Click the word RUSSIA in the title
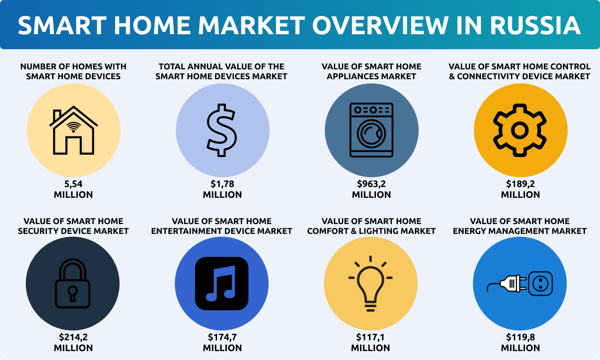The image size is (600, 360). point(535,25)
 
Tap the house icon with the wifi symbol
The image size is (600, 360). point(74,130)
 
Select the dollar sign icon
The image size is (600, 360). point(222,130)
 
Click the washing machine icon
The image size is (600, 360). point(371,130)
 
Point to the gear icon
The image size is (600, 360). point(520,130)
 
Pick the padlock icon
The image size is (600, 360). point(73,284)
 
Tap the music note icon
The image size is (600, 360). point(222,284)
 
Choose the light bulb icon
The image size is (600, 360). point(370,284)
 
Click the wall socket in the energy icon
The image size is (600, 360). point(540,284)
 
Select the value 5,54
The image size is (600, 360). point(74,184)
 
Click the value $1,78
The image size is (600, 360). point(222,184)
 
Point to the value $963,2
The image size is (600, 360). point(371,184)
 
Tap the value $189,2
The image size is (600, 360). point(520,184)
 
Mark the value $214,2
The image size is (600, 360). point(74,337)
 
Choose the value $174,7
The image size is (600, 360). point(222,337)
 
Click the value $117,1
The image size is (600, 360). point(370,337)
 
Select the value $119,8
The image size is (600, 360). point(520,337)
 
